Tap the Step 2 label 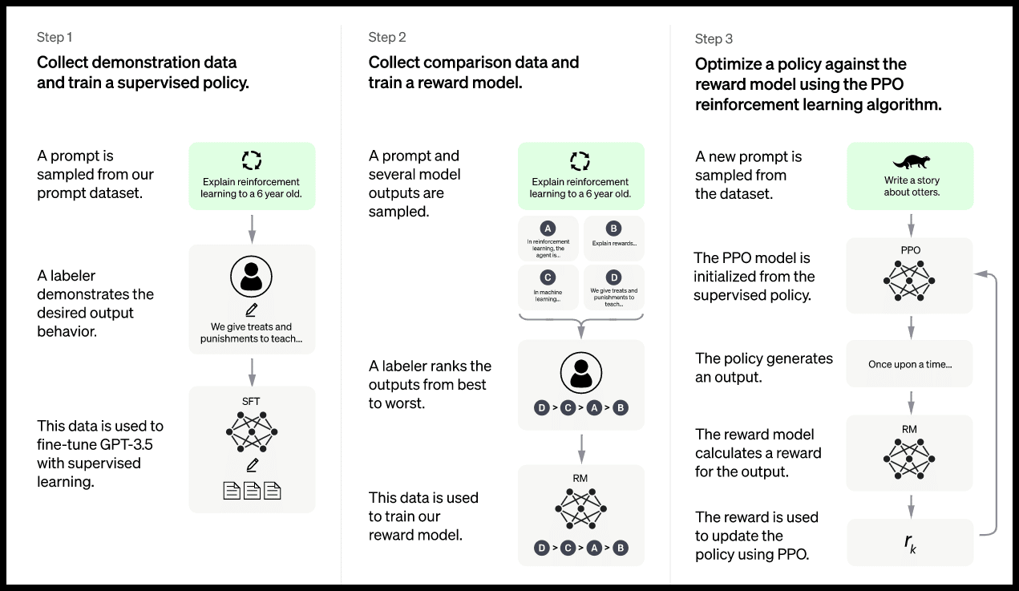click(x=387, y=38)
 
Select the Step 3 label click(x=714, y=39)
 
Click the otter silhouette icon click(x=910, y=161)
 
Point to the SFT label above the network click(x=252, y=401)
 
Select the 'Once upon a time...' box click(x=910, y=365)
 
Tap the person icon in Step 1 click(x=252, y=277)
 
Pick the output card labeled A click(x=548, y=238)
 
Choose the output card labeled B click(x=613, y=238)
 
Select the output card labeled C click(x=548, y=287)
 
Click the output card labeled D click(x=613, y=287)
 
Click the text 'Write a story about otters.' click(x=910, y=187)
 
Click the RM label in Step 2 click(x=581, y=479)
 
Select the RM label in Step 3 click(x=909, y=430)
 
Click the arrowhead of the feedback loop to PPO click(x=980, y=274)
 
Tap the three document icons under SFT click(x=252, y=490)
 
